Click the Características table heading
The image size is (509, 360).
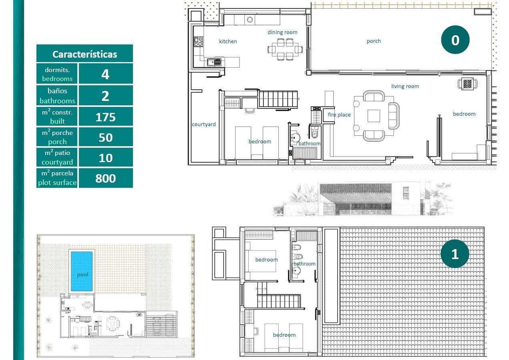[x=84, y=54]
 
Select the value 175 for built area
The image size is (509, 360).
[x=105, y=117]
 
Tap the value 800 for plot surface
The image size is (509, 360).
[x=105, y=178]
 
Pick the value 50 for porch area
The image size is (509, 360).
[x=105, y=137]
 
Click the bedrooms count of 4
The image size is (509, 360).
[x=105, y=74]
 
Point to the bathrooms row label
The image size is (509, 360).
[x=57, y=96]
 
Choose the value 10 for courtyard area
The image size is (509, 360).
[x=105, y=158]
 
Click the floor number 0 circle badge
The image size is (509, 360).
[x=455, y=40]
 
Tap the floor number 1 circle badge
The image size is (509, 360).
[x=455, y=254]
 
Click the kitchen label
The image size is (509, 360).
[x=228, y=41]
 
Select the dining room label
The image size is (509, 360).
[x=282, y=32]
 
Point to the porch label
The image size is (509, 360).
[x=374, y=41]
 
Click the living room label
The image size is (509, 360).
[x=405, y=86]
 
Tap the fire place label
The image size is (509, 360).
[x=339, y=115]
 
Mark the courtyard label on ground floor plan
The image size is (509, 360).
[x=203, y=125]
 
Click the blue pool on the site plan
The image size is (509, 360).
[x=82, y=271]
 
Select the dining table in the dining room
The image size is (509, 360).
[x=285, y=49]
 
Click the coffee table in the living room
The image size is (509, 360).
[x=374, y=116]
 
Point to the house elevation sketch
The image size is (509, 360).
[x=362, y=199]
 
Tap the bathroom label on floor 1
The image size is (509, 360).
[x=304, y=263]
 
